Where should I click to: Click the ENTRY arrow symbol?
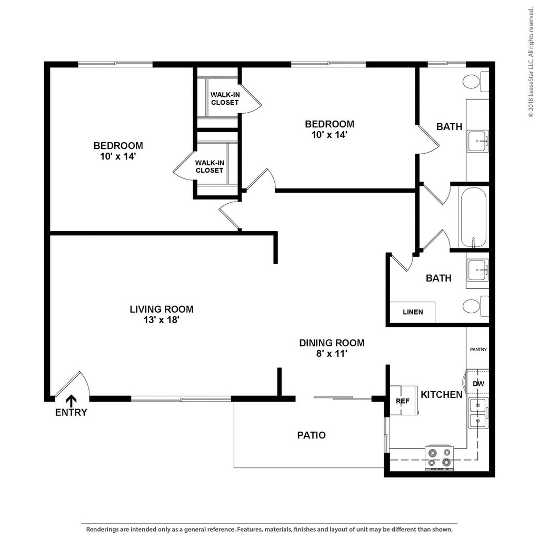tap(71, 401)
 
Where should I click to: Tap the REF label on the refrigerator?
tap(403, 401)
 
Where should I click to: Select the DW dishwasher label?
tap(478, 384)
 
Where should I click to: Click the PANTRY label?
tap(478, 350)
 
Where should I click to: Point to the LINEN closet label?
tap(413, 312)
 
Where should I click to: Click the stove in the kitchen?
tap(440, 458)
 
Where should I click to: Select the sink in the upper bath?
tap(477, 141)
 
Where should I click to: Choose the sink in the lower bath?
tap(477, 270)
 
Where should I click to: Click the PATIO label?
tap(312, 435)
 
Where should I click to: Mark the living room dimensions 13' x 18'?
tap(162, 320)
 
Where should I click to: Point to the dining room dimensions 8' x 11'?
tap(332, 353)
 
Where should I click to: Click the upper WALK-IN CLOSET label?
tap(225, 98)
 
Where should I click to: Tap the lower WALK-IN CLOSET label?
tap(209, 167)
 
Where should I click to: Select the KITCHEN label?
tap(442, 395)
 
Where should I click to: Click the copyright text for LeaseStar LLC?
tap(532, 63)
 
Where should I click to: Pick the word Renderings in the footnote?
tap(101, 530)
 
